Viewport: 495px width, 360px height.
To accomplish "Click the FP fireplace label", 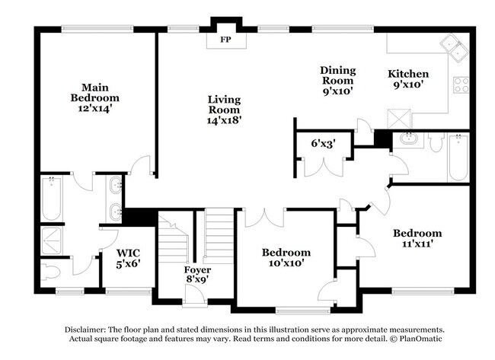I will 225,39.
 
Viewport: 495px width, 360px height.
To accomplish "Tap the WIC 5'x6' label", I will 128,259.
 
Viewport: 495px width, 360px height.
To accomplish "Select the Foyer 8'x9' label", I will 198,275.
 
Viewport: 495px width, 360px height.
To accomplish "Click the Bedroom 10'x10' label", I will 286,257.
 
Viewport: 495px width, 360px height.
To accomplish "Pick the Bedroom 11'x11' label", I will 417,238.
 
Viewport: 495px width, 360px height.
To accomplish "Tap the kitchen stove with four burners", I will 461,84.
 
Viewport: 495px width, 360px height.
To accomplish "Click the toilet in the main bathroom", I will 52,272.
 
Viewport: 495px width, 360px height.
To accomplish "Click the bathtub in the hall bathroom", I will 457,158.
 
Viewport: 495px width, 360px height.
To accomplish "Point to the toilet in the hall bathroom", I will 436,142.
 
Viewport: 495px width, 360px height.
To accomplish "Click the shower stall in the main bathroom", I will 53,239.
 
